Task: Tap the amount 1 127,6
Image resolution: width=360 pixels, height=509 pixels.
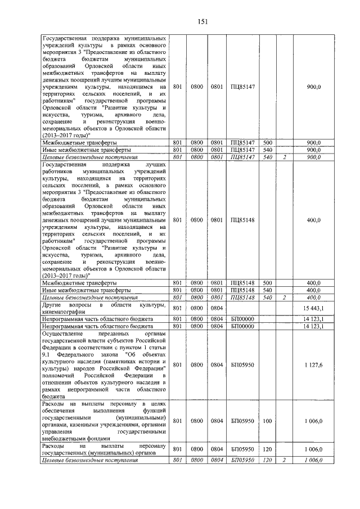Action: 311,365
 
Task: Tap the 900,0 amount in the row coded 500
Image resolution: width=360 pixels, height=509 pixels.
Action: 314,143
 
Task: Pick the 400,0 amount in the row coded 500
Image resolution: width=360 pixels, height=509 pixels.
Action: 314,283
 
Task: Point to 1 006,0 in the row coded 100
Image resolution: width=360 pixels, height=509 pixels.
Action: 311,421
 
